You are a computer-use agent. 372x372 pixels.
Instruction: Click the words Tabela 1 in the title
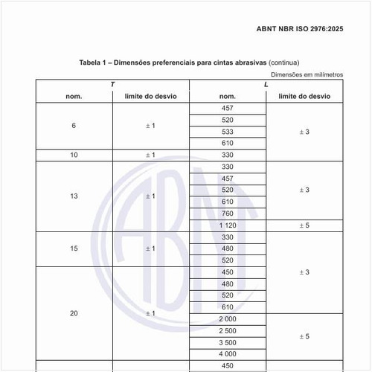click(x=95, y=62)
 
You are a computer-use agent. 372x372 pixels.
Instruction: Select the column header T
click(x=112, y=85)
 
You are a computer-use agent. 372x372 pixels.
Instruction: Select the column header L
click(x=266, y=85)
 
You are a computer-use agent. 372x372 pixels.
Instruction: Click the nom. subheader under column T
click(x=74, y=97)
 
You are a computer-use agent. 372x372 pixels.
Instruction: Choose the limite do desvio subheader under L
click(x=304, y=97)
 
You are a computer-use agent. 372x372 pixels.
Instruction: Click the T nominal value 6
click(x=74, y=126)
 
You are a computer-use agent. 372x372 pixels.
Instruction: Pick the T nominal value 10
click(x=74, y=155)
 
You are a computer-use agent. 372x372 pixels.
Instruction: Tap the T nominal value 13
click(x=74, y=196)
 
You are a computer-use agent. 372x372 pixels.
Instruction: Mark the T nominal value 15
click(x=74, y=248)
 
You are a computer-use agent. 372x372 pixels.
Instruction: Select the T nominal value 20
click(x=74, y=313)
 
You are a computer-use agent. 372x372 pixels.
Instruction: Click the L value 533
click(x=228, y=132)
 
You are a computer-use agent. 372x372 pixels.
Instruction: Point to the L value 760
click(x=228, y=214)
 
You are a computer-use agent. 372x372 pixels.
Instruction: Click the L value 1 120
click(x=228, y=225)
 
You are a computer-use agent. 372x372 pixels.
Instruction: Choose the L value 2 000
click(x=228, y=318)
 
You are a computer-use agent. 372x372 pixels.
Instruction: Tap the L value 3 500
click(x=228, y=342)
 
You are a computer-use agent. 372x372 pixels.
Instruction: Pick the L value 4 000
click(x=228, y=354)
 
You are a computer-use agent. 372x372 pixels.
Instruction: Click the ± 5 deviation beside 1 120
click(x=304, y=225)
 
